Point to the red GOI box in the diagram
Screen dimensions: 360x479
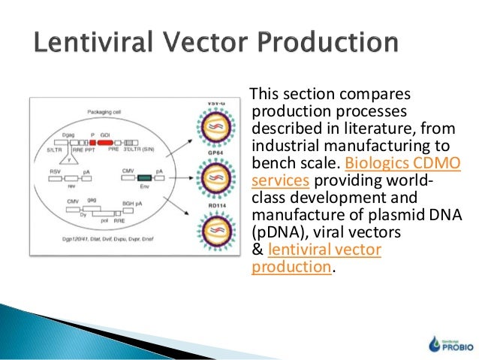click(106, 141)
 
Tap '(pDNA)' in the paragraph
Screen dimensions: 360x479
click(273, 234)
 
